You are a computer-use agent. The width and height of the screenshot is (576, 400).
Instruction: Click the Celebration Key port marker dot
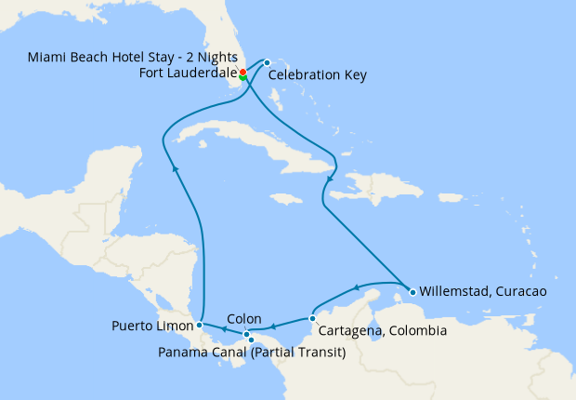(267, 62)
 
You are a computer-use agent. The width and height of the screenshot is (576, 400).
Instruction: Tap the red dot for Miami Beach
(242, 72)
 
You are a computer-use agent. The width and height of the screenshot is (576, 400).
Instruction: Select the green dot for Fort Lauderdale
(243, 77)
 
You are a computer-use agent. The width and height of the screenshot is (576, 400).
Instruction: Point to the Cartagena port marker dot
(313, 318)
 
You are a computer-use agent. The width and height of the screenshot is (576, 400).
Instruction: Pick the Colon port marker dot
(246, 334)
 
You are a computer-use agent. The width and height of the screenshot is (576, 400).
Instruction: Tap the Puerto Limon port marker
(200, 325)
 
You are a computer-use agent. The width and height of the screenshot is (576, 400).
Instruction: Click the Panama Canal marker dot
(251, 340)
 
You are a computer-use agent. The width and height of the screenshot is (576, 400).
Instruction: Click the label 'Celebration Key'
(317, 76)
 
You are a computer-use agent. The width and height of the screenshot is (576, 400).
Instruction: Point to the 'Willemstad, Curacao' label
(482, 291)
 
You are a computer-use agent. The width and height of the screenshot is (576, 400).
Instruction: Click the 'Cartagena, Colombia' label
(382, 331)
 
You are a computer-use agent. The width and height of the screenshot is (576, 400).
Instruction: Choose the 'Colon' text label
(243, 317)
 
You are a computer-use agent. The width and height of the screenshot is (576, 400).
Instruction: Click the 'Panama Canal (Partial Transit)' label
(252, 353)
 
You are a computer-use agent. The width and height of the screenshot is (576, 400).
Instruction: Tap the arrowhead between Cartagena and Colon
(275, 327)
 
